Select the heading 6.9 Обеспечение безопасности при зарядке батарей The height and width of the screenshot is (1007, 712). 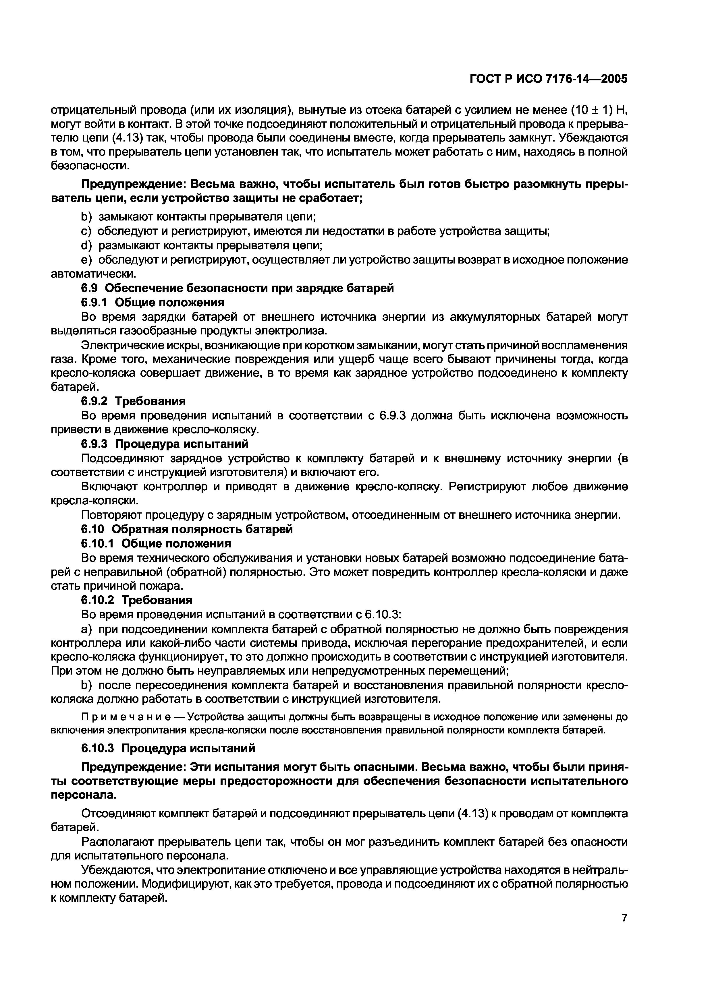point(237,288)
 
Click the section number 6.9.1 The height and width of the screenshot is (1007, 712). point(94,303)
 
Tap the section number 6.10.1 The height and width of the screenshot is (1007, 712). point(97,544)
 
